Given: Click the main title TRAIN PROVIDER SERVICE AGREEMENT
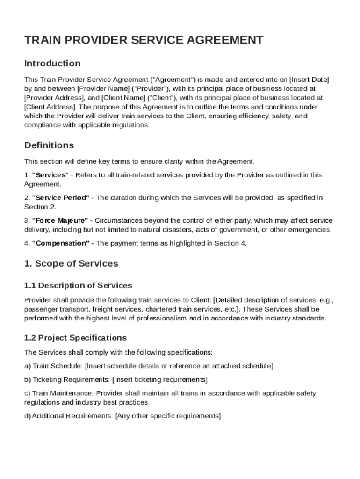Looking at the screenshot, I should pos(144,40).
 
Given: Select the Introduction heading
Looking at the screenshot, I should pos(52,63).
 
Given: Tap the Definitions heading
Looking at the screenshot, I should pos(49,145).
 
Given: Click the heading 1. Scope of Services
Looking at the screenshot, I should pos(71,263).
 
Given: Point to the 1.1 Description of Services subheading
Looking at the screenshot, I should pos(78,285).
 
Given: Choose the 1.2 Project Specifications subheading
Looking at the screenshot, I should pos(75,337).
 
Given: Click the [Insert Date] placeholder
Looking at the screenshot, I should pos(309,79).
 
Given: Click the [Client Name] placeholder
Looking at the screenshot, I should pos(122,98).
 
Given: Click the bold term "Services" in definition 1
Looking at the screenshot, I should pos(50,175).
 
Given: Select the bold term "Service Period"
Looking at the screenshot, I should pos(60,198).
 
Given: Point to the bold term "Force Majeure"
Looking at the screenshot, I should pos(60,220).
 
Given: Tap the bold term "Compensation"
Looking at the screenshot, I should pos(61,243).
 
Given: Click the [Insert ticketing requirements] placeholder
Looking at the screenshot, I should pos(160,379).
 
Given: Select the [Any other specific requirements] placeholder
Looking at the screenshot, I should pos(168,416).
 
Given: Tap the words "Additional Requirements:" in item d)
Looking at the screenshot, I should pos(72,416).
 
